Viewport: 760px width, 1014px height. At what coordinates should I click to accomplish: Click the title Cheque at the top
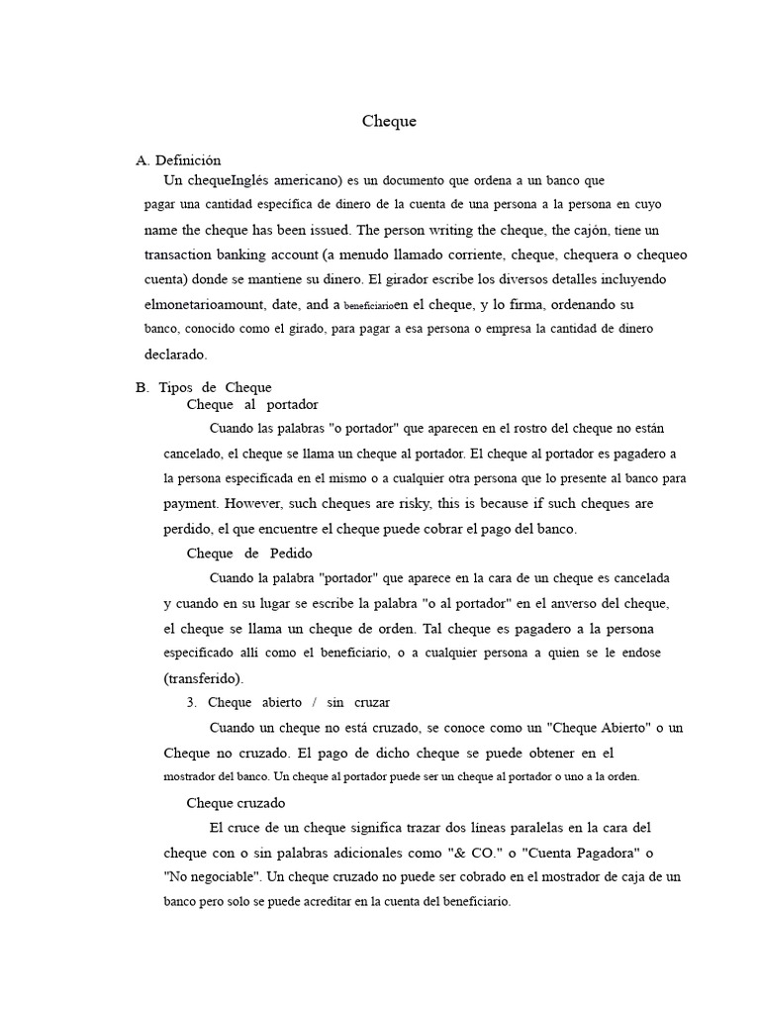pos(389,122)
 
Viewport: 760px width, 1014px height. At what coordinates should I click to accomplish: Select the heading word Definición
pos(188,160)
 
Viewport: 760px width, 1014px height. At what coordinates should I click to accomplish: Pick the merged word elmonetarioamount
pos(206,305)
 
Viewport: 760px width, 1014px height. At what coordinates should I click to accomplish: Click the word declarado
pos(176,354)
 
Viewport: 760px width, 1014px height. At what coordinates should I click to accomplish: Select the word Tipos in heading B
pos(176,387)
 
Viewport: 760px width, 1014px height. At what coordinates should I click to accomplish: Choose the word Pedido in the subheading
pos(291,554)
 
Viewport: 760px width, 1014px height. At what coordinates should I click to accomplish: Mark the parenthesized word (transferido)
pos(203,678)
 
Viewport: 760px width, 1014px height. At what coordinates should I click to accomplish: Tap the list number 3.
pos(191,703)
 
